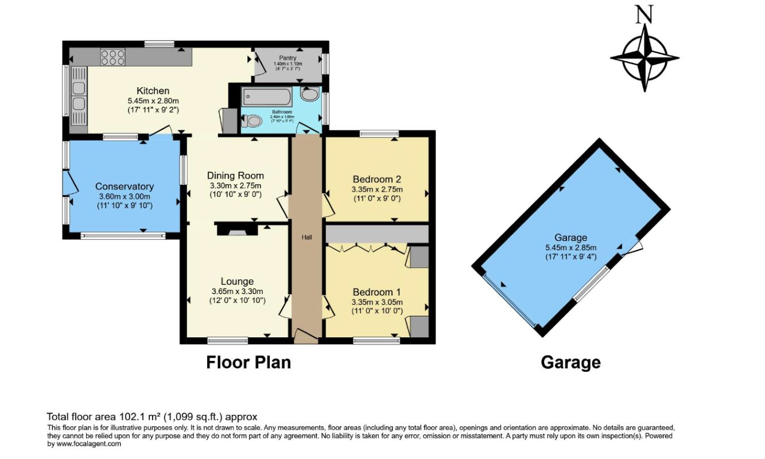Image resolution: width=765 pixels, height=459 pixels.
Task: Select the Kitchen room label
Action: click(x=153, y=91)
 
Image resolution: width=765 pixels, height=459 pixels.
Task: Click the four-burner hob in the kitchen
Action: click(x=112, y=57)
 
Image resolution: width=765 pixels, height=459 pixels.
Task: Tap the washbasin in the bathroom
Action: click(x=310, y=95)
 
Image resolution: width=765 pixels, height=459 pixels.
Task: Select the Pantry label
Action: click(x=288, y=58)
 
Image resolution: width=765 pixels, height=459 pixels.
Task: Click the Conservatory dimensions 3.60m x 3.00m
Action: click(x=125, y=196)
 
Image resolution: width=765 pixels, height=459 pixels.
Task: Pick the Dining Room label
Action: click(x=235, y=176)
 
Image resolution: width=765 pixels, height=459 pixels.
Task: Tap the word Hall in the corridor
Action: click(x=307, y=237)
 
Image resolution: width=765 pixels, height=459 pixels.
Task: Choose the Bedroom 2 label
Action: click(x=377, y=178)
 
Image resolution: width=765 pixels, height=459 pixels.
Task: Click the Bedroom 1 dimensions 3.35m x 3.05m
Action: click(x=377, y=302)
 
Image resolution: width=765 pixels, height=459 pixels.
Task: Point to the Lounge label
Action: click(x=237, y=281)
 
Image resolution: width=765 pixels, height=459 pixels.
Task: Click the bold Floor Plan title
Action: click(x=248, y=363)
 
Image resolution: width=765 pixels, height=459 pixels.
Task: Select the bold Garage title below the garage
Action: click(x=570, y=363)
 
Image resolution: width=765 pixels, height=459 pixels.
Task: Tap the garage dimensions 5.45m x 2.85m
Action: click(x=570, y=248)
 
